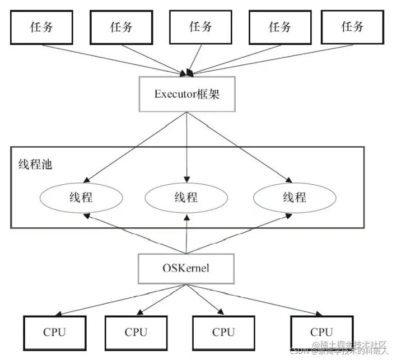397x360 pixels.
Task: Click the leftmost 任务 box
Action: (42, 27)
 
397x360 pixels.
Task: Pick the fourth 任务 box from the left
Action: (279, 27)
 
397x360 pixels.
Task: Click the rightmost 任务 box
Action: (352, 27)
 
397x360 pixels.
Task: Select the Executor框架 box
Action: (187, 93)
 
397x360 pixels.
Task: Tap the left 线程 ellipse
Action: (82, 197)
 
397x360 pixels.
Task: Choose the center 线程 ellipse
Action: (187, 197)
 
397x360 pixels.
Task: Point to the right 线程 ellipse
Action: (295, 197)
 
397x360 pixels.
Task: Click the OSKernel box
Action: (187, 268)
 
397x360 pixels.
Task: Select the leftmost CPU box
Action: (54, 331)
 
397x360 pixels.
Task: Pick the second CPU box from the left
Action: (136, 331)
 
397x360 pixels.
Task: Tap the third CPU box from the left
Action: (223, 331)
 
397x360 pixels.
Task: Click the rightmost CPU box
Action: (321, 331)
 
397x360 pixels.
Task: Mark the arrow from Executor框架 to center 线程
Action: (187, 146)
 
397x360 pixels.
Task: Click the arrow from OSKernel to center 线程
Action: (186, 235)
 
